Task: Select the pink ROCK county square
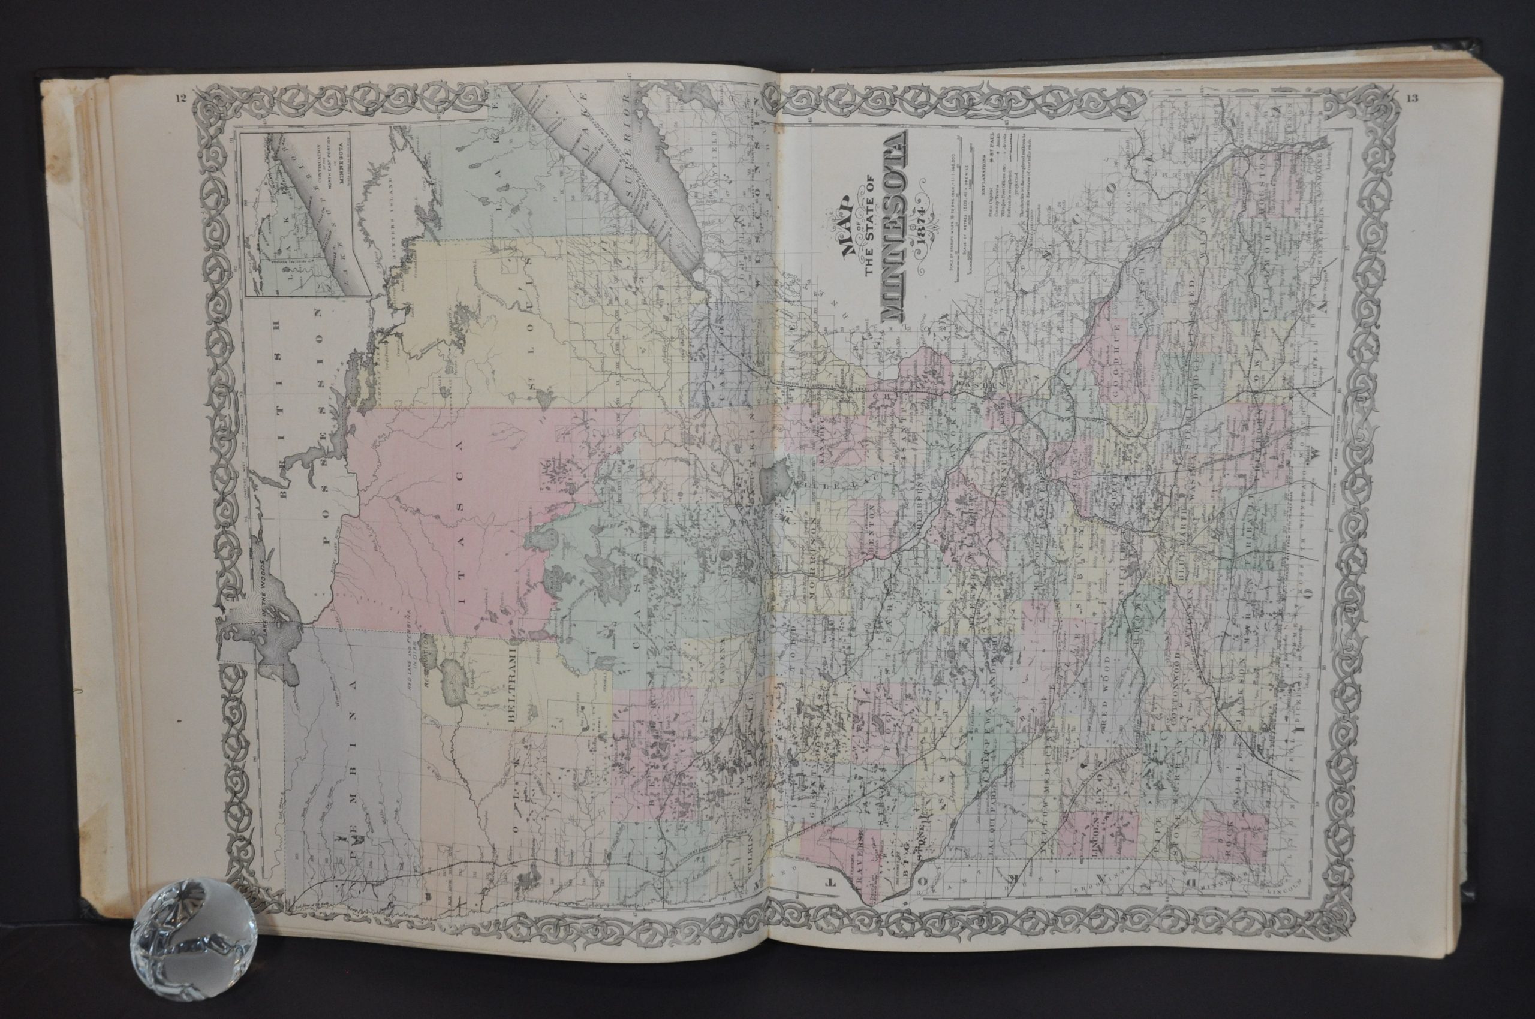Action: pyautogui.click(x=1233, y=842)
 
